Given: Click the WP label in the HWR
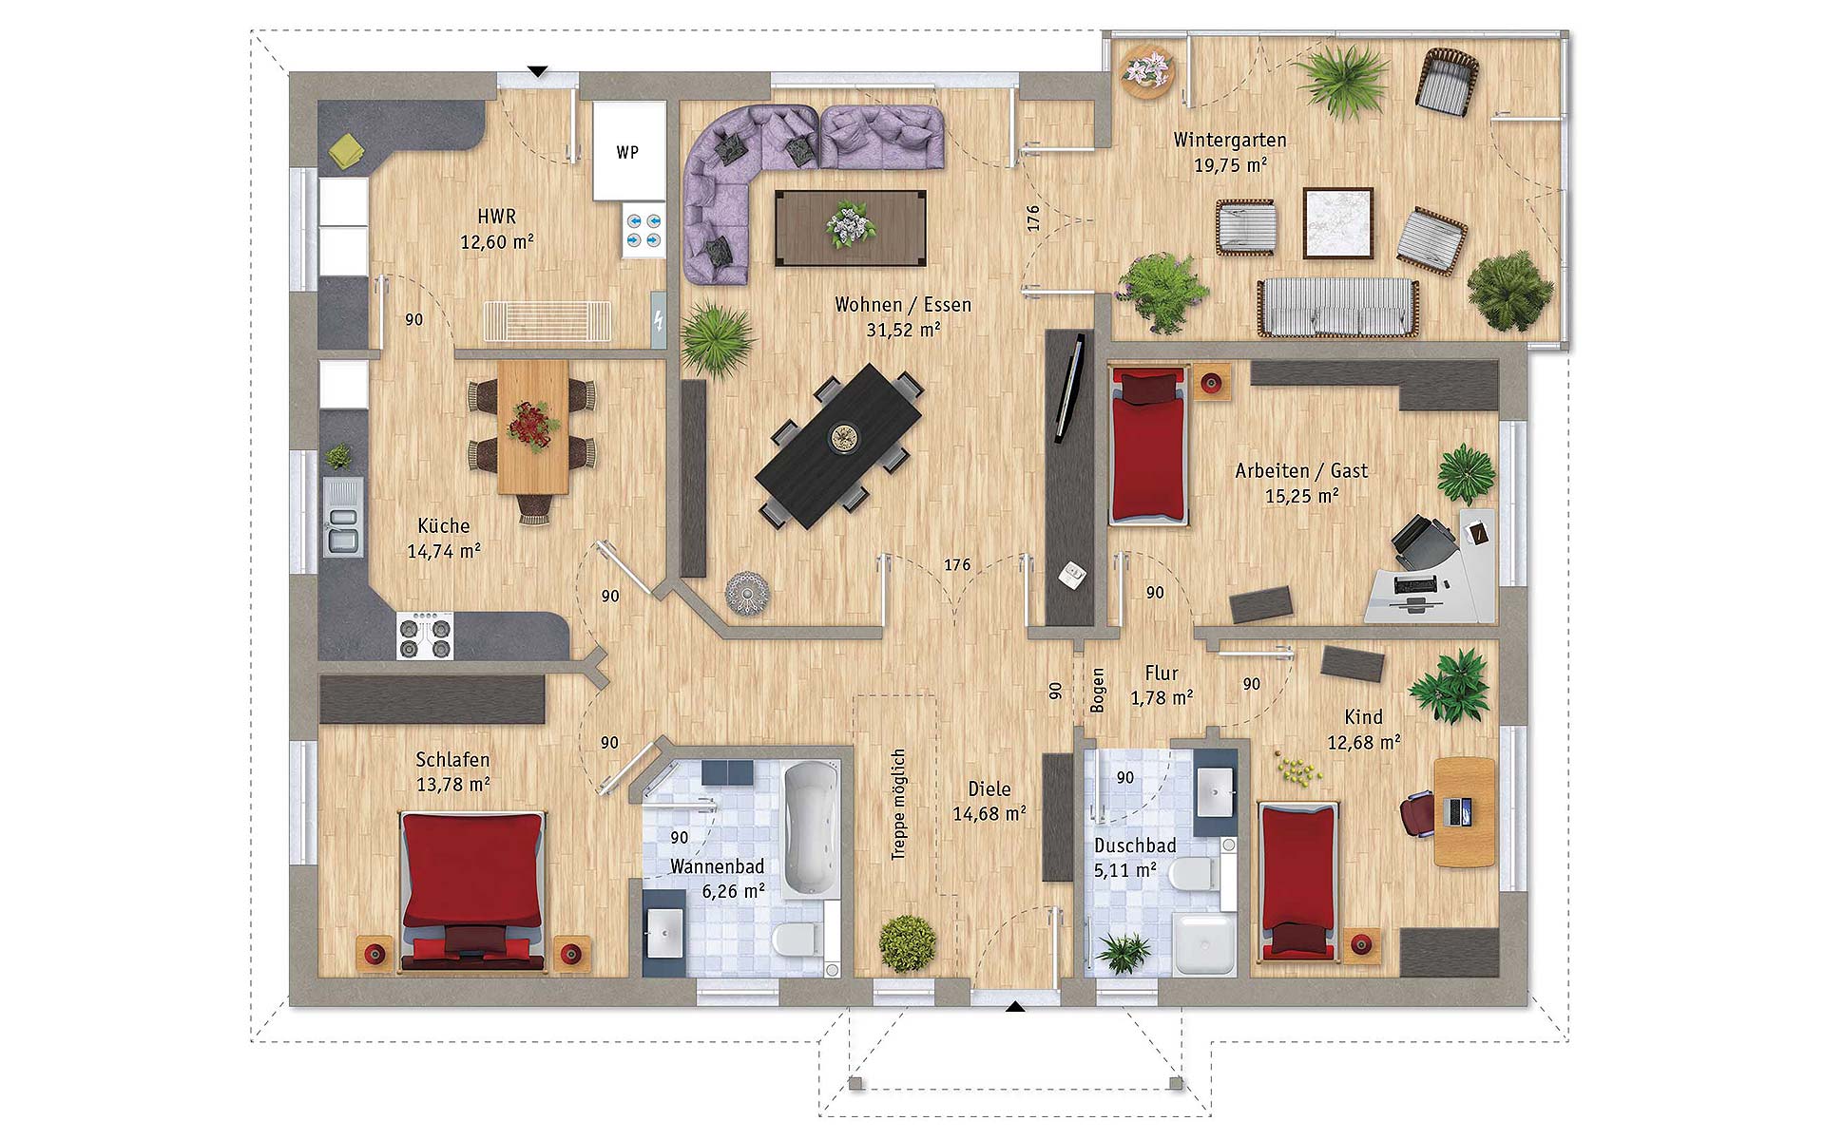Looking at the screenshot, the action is [627, 152].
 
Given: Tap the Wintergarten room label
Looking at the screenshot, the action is [1230, 140].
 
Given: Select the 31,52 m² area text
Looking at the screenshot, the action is [903, 330].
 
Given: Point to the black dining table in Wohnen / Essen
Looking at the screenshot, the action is [839, 446].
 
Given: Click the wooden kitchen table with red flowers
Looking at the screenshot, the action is [533, 427].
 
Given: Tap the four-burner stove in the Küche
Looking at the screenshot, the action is [425, 636].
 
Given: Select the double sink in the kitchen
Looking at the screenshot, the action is [343, 517].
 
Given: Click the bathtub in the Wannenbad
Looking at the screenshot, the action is [810, 829].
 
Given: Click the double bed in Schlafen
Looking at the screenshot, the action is [472, 890].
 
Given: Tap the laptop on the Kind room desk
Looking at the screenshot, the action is [1457, 811].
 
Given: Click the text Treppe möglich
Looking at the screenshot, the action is [898, 805].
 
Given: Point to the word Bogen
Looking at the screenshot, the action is [1098, 691].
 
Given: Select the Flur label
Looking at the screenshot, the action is [1162, 673].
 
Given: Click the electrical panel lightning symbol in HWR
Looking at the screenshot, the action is [659, 320].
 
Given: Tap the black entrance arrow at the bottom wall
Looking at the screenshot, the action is [1015, 1007].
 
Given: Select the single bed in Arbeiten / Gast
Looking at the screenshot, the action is [1149, 446].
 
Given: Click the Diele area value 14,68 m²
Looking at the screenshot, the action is [989, 814].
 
